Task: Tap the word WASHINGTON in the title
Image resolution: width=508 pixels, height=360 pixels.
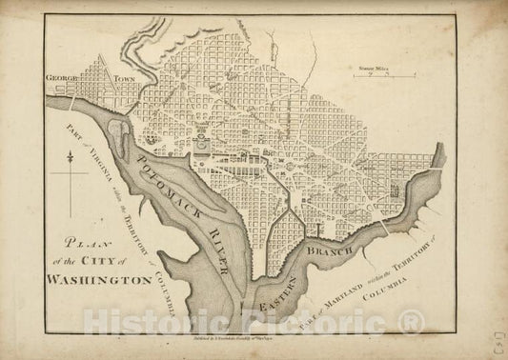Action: pos(96,282)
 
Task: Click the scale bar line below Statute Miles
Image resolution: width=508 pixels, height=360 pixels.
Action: pos(375,75)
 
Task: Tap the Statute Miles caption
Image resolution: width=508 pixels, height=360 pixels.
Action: pos(371,67)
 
